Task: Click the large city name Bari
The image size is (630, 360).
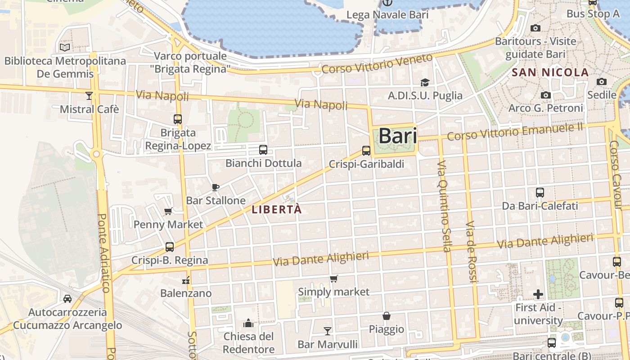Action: pyautogui.click(x=398, y=136)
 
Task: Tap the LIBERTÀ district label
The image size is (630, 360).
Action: pyautogui.click(x=276, y=210)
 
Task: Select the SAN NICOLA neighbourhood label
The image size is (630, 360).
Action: pyautogui.click(x=550, y=72)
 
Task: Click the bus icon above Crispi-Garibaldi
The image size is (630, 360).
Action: pyautogui.click(x=366, y=151)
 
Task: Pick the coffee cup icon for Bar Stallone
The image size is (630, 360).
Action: pyautogui.click(x=216, y=187)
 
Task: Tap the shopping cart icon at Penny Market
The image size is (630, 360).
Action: pyautogui.click(x=168, y=211)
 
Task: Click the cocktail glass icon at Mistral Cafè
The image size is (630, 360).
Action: pyautogui.click(x=89, y=95)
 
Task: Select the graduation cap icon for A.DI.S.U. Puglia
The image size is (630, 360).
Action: pyautogui.click(x=425, y=82)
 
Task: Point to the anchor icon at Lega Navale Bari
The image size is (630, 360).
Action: pyautogui.click(x=387, y=3)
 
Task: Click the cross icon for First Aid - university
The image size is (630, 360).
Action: pyautogui.click(x=538, y=295)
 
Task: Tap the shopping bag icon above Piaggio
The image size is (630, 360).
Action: pyautogui.click(x=386, y=316)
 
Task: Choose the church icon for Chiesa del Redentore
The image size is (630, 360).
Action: pyautogui.click(x=248, y=323)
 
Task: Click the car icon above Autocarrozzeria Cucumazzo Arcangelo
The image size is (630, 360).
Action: pyautogui.click(x=67, y=299)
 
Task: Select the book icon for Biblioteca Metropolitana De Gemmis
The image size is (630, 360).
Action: pyautogui.click(x=65, y=47)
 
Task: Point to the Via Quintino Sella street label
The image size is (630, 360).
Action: pyautogui.click(x=444, y=206)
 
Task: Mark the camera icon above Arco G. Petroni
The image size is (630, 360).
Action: pyautogui.click(x=546, y=95)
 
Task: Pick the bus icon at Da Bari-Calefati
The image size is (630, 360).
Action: pyautogui.click(x=540, y=193)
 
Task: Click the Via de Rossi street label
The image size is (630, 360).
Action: pyautogui.click(x=471, y=252)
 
